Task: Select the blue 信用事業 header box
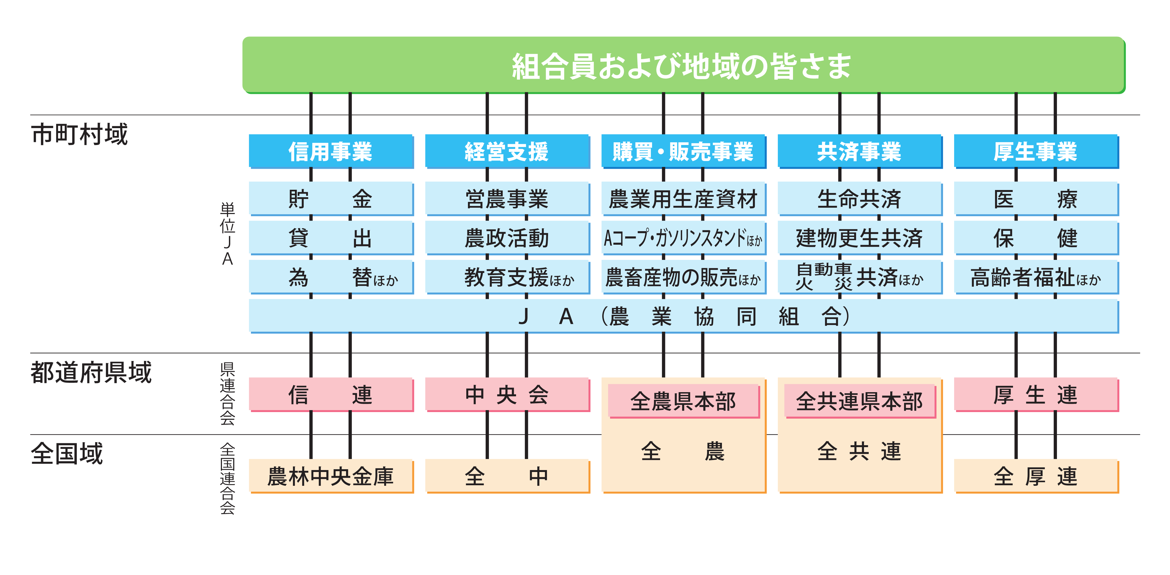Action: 331,151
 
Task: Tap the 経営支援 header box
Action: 507,151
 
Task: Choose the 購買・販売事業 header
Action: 683,151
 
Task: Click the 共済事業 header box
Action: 859,151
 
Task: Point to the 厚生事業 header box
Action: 1036,151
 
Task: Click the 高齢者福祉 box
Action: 1036,277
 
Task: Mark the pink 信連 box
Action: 331,394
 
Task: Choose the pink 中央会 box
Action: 507,394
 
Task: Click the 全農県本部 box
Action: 683,401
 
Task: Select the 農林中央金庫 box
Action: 331,476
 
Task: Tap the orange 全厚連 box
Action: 1036,476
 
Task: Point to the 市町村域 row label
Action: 80,134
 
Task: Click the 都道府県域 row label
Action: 91,373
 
